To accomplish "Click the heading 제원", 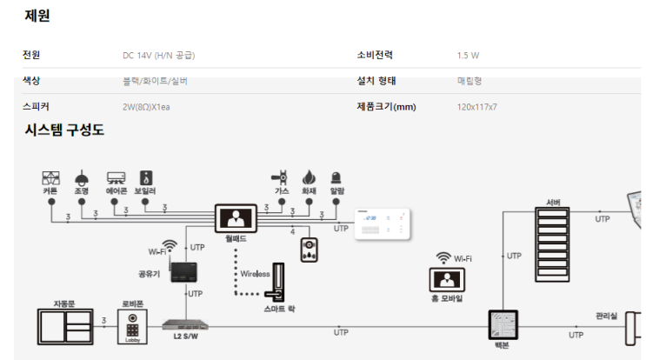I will [x=37, y=16].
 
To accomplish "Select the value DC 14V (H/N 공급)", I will [x=158, y=56].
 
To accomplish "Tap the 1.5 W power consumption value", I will [x=468, y=56].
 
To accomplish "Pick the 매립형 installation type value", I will [x=470, y=82].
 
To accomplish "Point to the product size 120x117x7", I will [x=476, y=107].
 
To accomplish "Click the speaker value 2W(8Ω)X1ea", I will [x=153, y=107].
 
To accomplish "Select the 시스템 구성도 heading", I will [x=64, y=130].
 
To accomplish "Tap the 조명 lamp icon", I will [x=81, y=176].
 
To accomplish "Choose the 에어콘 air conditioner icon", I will [x=116, y=176].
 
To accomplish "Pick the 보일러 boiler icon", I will [x=146, y=176].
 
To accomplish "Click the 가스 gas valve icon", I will [x=281, y=176].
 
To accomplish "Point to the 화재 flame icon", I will [x=309, y=176].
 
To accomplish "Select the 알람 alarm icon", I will [x=336, y=176].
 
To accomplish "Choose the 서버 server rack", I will [x=552, y=243].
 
